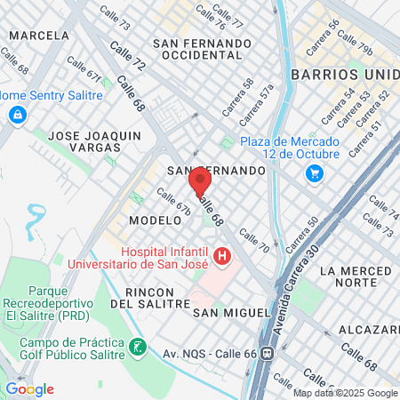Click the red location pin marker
point(200,183)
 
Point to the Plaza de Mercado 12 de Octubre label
point(291,148)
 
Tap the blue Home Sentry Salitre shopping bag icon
point(17,115)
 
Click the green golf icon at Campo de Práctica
point(137,346)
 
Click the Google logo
point(29,389)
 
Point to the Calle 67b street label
point(174,202)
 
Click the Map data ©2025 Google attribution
point(346,393)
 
